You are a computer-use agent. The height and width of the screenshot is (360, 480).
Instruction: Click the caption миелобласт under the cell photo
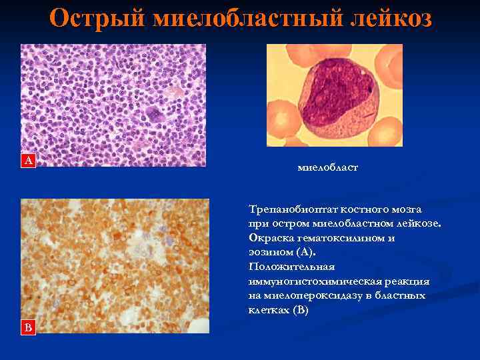327,167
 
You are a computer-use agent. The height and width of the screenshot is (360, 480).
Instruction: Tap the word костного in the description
365,209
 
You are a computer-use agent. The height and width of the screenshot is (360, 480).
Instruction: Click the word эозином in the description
269,253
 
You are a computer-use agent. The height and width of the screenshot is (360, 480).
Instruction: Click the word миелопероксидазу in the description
308,296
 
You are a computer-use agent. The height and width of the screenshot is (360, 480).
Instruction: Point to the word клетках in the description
267,311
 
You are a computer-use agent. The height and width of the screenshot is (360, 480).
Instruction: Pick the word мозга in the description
407,209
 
